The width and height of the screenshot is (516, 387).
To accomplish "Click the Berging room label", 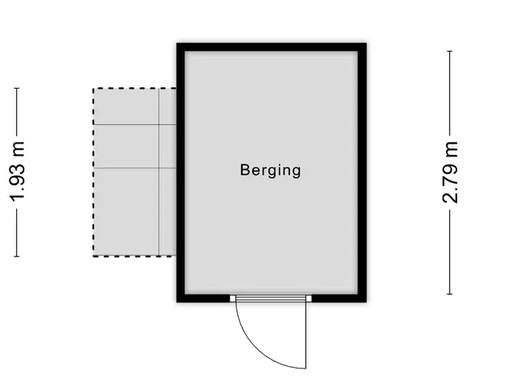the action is click(270, 170).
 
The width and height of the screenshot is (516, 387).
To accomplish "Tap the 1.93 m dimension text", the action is click(17, 171).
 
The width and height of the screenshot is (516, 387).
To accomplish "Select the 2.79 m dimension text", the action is click(450, 172).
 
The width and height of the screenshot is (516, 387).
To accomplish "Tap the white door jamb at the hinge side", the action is click(309, 298).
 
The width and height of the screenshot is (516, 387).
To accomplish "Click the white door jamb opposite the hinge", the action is click(233, 298).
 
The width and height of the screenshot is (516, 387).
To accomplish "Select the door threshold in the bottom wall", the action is click(271, 298).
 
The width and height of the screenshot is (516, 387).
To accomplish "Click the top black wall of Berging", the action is click(272, 47).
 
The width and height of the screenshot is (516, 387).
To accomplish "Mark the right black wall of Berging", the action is click(362, 173).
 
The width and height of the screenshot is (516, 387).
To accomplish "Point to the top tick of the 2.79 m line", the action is click(450, 52).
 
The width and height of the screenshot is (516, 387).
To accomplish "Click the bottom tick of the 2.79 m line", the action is click(450, 293).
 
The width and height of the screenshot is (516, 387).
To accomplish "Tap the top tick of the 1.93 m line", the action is click(17, 88).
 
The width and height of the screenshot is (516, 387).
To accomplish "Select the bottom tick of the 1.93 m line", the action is click(17, 256).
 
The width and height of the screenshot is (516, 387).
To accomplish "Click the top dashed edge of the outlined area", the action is click(135, 88).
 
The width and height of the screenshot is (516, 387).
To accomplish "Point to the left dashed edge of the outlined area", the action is click(94, 172).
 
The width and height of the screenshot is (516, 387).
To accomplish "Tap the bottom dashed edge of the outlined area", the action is click(135, 256).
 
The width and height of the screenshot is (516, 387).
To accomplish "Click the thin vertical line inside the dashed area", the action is click(160, 172).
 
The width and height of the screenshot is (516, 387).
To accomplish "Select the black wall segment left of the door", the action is click(203, 298).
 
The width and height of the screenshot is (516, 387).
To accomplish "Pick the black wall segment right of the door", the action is click(339, 298).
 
